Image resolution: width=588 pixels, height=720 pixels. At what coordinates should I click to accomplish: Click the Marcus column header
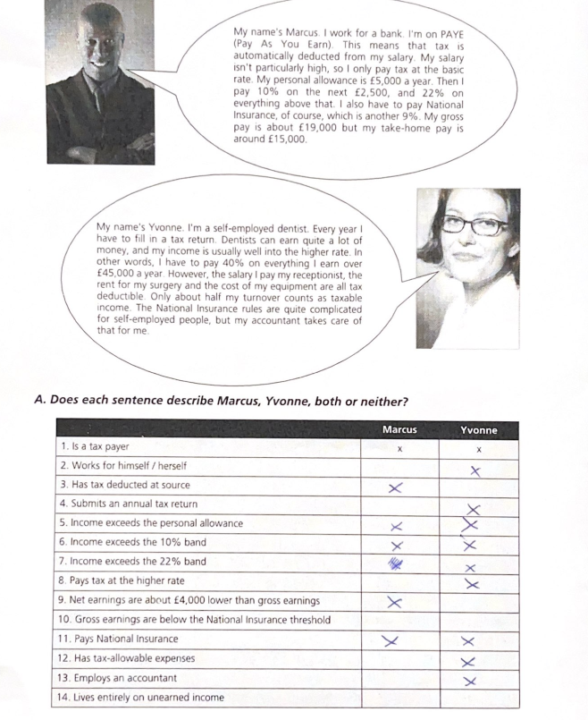click(399, 429)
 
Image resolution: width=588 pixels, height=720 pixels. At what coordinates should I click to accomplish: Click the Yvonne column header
click(479, 429)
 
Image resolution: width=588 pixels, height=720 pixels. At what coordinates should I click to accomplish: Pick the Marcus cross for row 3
click(397, 487)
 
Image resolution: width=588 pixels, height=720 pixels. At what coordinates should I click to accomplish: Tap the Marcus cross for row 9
click(394, 601)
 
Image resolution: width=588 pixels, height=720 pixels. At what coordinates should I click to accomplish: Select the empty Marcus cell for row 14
click(399, 698)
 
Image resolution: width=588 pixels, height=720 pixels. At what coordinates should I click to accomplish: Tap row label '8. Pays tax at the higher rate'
click(122, 581)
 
